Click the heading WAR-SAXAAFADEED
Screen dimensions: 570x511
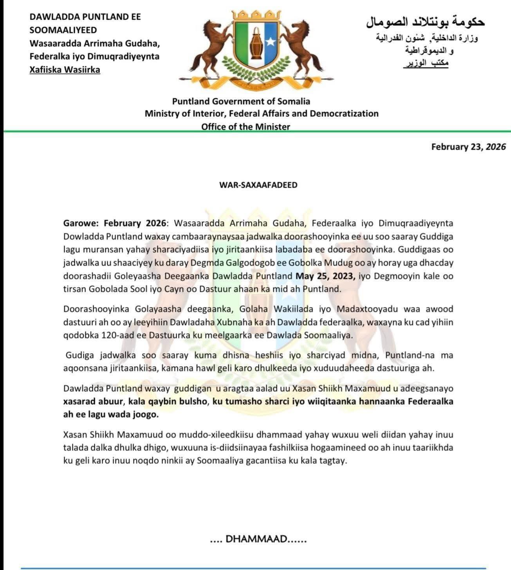coord(258,185)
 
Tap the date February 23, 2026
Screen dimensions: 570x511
coord(468,147)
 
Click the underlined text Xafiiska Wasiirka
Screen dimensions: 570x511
coord(65,70)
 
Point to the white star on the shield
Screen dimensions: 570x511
coord(271,41)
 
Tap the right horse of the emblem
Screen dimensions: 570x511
coord(304,47)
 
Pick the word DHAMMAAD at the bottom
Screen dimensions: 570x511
coord(256,539)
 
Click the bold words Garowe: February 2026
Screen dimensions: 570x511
coord(115,223)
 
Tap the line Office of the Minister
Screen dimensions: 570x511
coord(246,127)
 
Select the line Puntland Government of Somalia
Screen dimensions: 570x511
coord(241,101)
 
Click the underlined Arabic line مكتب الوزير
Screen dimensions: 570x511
coord(426,63)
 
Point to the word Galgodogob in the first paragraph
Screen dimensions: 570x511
coord(235,263)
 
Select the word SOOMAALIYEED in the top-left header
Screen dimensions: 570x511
coord(63,30)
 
